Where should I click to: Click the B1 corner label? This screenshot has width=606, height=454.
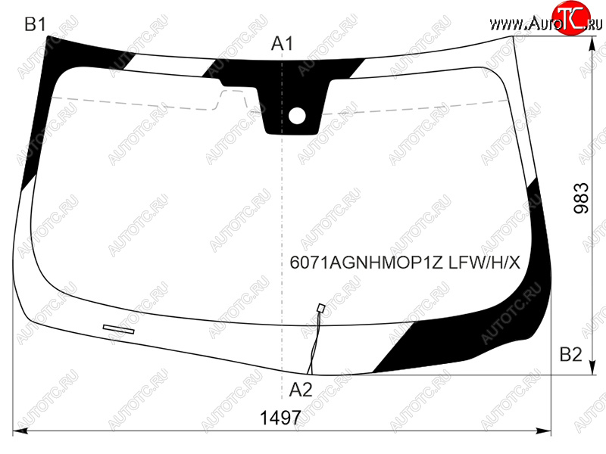(x=35, y=24)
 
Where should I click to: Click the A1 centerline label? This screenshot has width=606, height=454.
(x=282, y=44)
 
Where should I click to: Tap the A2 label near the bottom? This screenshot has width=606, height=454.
(x=301, y=390)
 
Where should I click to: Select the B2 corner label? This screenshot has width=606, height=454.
(x=571, y=354)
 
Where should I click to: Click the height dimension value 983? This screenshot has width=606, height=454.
(x=581, y=198)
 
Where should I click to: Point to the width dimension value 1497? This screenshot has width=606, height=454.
(x=280, y=418)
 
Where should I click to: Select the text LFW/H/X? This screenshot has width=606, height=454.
(x=484, y=263)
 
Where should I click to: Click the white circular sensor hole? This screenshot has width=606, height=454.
(x=297, y=117)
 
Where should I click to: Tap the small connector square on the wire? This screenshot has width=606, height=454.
(x=320, y=308)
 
